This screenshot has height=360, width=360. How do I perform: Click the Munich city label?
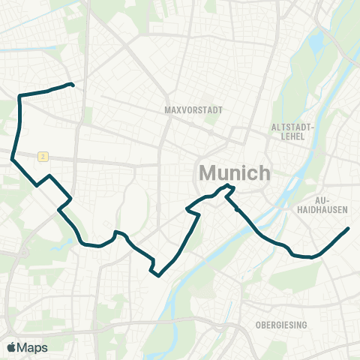(x=234, y=173)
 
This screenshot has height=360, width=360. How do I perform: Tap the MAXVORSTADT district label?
(x=193, y=109)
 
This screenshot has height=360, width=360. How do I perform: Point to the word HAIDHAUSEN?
(x=323, y=211)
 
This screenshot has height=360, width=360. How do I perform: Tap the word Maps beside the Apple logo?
(x=34, y=347)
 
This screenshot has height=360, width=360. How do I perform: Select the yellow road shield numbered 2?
(x=44, y=156)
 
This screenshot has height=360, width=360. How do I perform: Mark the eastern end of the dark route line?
(x=348, y=229)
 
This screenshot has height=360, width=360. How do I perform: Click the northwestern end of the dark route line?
(x=71, y=84)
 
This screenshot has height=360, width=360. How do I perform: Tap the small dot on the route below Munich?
(x=236, y=210)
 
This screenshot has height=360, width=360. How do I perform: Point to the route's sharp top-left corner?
(x=19, y=96)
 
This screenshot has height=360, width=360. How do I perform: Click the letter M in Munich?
(x=208, y=173)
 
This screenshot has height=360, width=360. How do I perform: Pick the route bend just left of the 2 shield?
(x=13, y=158)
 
